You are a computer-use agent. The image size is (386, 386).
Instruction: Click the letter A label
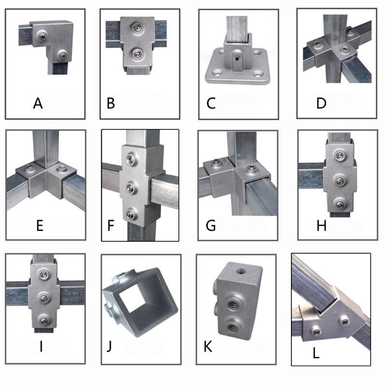click(39, 103)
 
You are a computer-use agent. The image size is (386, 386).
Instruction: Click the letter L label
click(316, 353)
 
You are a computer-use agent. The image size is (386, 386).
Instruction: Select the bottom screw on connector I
click(44, 318)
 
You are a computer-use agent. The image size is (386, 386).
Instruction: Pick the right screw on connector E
click(61, 169)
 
